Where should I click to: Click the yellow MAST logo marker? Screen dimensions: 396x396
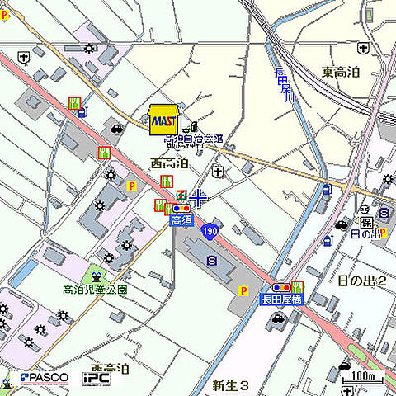163,119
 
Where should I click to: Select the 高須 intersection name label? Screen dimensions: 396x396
181,220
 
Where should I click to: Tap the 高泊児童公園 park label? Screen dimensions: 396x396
96,290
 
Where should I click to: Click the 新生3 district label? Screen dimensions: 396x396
230,384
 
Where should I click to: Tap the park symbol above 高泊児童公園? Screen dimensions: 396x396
97,276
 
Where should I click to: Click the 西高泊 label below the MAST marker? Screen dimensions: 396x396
169,163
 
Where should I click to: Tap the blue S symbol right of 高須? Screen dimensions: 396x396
212,260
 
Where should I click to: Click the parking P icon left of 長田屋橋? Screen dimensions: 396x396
243,290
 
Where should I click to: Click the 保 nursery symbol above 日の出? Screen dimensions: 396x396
364,222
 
